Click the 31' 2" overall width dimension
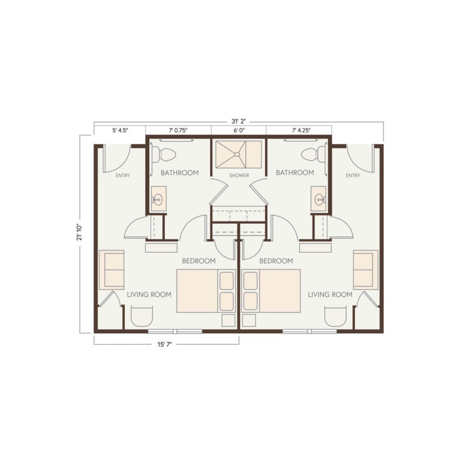coord(239,121)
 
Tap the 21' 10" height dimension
coord(79,232)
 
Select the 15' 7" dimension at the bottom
coord(165,345)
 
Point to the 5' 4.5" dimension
coord(120,130)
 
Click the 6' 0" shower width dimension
coord(239,130)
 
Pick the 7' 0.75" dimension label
coord(178,130)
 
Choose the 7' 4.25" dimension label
coord(301,130)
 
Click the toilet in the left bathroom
coord(164,155)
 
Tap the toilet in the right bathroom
coord(314,155)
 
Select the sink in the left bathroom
coord(158,199)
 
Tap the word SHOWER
coord(239,175)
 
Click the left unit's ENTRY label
coord(123,175)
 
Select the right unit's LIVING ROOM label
coord(330,294)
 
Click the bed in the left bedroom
coord(206,291)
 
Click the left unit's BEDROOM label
coord(199,261)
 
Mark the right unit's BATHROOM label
coord(295,172)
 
